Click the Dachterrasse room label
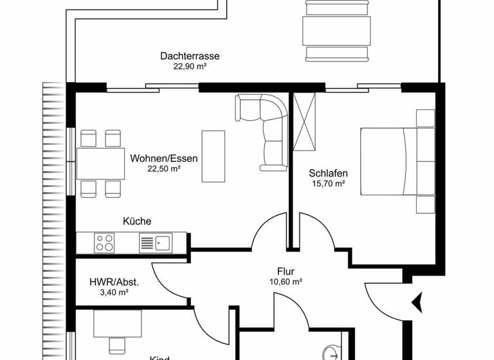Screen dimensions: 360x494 (x=190, y=56)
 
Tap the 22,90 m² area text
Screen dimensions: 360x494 (x=190, y=66)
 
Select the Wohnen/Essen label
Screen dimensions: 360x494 (x=164, y=158)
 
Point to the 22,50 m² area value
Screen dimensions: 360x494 (x=164, y=168)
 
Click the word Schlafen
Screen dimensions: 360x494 (x=328, y=173)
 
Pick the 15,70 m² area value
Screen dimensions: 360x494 (x=328, y=184)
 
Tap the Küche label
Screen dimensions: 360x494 (x=137, y=221)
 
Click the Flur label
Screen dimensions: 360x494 (x=286, y=271)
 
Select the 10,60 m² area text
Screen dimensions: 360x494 (x=286, y=281)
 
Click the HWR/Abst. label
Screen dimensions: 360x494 (x=114, y=282)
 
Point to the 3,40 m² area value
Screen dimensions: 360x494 (x=114, y=292)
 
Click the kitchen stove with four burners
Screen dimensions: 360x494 (x=105, y=242)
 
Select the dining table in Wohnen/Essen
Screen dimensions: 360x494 (x=101, y=163)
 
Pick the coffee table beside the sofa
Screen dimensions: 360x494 (x=214, y=156)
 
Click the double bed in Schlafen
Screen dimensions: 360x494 (x=388, y=161)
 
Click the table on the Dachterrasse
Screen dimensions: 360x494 (x=336, y=28)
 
